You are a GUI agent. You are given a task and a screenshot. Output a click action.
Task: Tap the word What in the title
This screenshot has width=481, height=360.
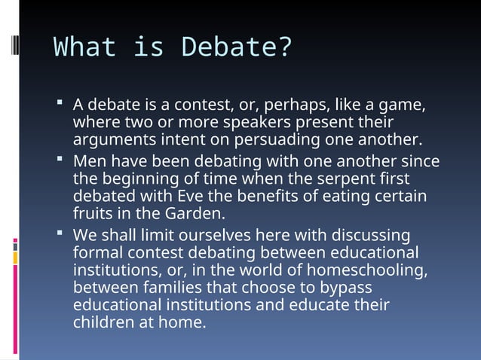click(x=84, y=47)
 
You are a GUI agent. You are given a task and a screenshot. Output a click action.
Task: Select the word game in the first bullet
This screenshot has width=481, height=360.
click(x=405, y=104)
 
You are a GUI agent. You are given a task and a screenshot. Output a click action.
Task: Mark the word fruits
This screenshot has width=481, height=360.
click(x=92, y=214)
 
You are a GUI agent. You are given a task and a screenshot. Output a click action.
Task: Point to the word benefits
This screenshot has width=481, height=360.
click(x=256, y=197)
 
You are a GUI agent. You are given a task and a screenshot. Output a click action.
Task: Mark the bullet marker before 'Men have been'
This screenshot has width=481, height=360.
click(x=60, y=160)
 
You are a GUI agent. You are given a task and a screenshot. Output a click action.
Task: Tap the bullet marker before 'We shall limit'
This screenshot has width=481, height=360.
click(x=60, y=233)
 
